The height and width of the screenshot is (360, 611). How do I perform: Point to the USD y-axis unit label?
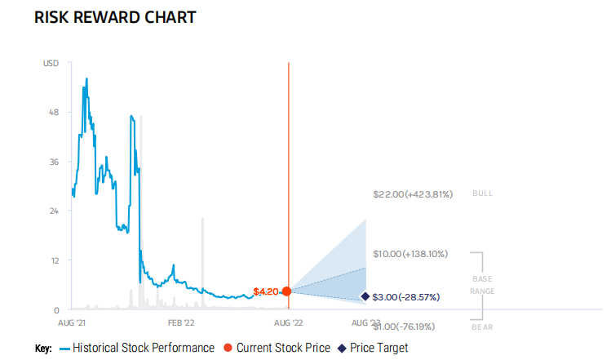point(51,63)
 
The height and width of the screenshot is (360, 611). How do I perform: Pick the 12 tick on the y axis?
point(54,260)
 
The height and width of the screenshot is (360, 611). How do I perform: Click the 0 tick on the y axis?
point(56,310)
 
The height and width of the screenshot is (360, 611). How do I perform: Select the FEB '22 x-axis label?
point(179,322)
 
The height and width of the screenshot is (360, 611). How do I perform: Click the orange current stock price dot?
point(286,291)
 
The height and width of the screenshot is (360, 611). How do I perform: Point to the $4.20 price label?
point(267,291)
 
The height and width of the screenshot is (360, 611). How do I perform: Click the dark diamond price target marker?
point(365,297)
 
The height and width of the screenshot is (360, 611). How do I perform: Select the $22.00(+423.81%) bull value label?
point(412,194)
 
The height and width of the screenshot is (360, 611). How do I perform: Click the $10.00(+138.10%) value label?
point(410,254)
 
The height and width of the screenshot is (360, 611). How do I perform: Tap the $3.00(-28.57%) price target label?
point(406,297)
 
